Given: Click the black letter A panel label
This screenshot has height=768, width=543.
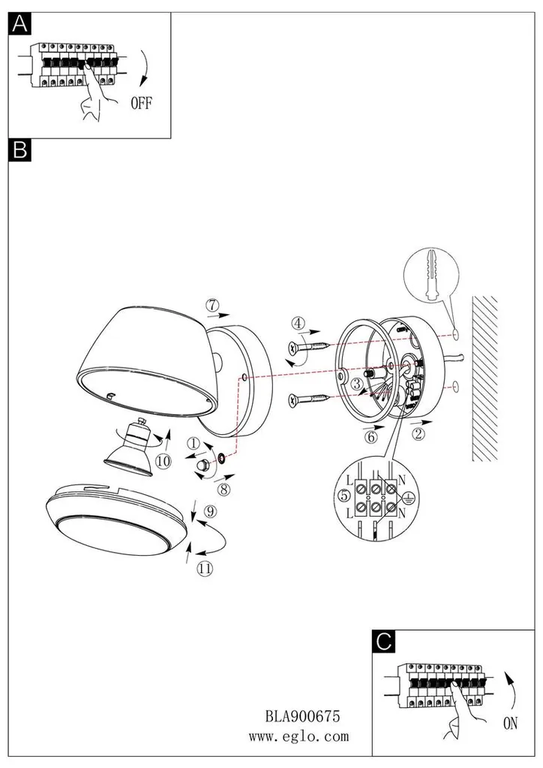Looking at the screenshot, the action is click(x=19, y=23).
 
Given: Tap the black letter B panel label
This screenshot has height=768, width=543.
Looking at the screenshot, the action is click(x=19, y=150).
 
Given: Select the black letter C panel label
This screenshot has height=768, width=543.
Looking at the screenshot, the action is click(x=383, y=641).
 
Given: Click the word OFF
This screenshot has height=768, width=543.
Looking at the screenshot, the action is click(x=142, y=103).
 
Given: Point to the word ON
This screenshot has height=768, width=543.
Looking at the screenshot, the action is click(x=510, y=723).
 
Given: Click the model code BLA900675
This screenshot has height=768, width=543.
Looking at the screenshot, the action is click(x=302, y=716).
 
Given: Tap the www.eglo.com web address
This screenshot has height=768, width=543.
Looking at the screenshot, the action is click(x=298, y=736).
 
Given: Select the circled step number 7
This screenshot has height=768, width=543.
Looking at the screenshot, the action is click(x=211, y=304).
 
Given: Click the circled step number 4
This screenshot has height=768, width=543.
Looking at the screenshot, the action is click(x=298, y=323).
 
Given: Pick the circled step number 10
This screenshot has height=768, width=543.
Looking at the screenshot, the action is click(x=163, y=461).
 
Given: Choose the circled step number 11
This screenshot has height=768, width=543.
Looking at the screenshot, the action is click(x=205, y=568).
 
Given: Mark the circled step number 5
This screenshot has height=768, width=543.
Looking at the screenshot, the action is click(x=344, y=496).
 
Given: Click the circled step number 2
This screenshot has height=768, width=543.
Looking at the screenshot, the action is click(x=418, y=433).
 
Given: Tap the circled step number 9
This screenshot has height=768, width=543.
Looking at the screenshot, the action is click(x=210, y=511).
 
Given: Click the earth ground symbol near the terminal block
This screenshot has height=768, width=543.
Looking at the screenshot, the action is click(x=406, y=497).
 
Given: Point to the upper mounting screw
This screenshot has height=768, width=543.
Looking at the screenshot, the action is click(x=311, y=348).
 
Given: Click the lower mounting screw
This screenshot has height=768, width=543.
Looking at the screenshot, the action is click(x=311, y=400).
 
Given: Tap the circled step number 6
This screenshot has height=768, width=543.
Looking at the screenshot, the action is click(x=371, y=436).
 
